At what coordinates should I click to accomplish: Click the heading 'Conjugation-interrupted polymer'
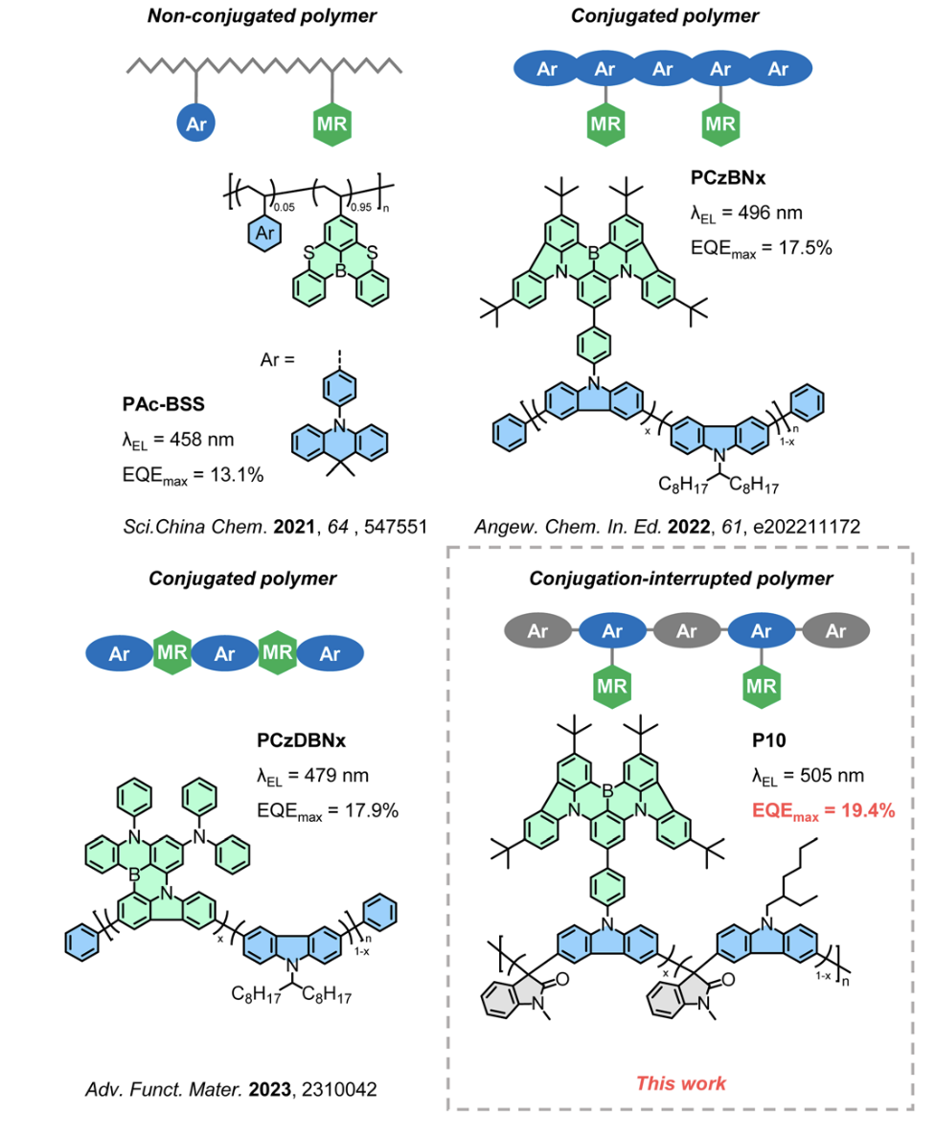(687, 579)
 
